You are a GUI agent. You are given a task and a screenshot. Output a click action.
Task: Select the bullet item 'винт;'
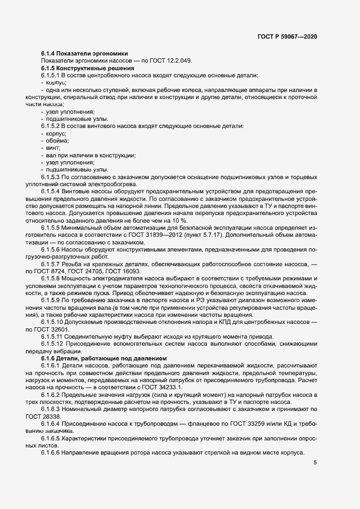coord(54,148)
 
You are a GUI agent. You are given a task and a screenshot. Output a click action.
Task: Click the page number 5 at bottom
coord(315,462)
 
